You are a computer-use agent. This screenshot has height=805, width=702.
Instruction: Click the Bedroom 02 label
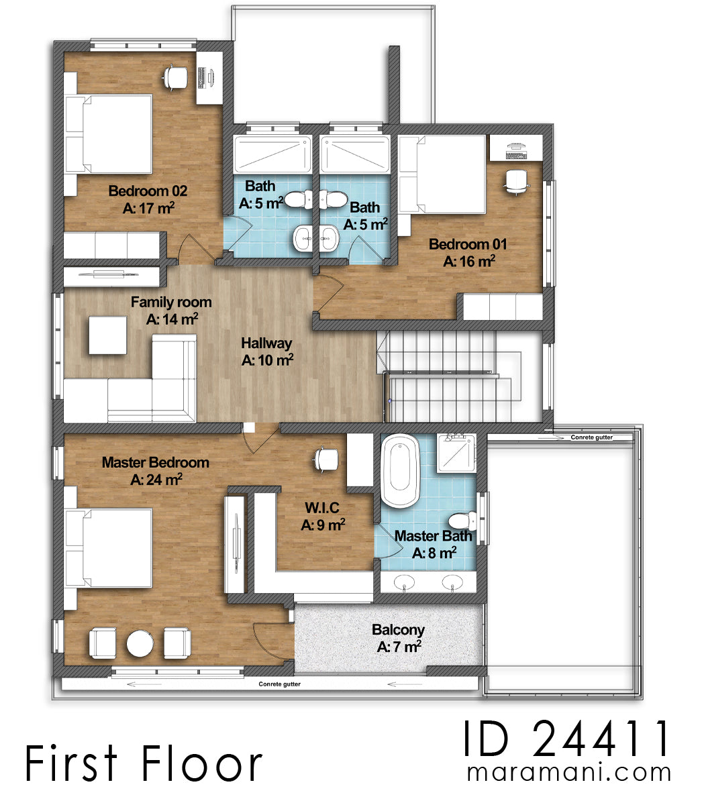click(x=148, y=191)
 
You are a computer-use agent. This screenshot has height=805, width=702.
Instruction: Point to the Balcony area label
click(x=398, y=630)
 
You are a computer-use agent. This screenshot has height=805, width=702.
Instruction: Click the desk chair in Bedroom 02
click(x=176, y=77)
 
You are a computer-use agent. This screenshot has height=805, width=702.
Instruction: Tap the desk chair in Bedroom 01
click(x=515, y=180)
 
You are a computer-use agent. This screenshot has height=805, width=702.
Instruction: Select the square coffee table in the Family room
click(x=107, y=335)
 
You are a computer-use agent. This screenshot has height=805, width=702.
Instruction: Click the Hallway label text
click(x=266, y=343)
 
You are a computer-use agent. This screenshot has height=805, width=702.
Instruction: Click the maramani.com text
click(x=568, y=772)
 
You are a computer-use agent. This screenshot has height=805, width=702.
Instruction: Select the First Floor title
click(x=144, y=764)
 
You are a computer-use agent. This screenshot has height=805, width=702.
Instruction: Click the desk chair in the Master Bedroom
click(x=326, y=460)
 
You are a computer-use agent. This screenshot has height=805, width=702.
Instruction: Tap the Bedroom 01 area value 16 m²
click(x=469, y=261)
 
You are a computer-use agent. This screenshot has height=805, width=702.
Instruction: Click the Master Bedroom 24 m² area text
click(x=156, y=480)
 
